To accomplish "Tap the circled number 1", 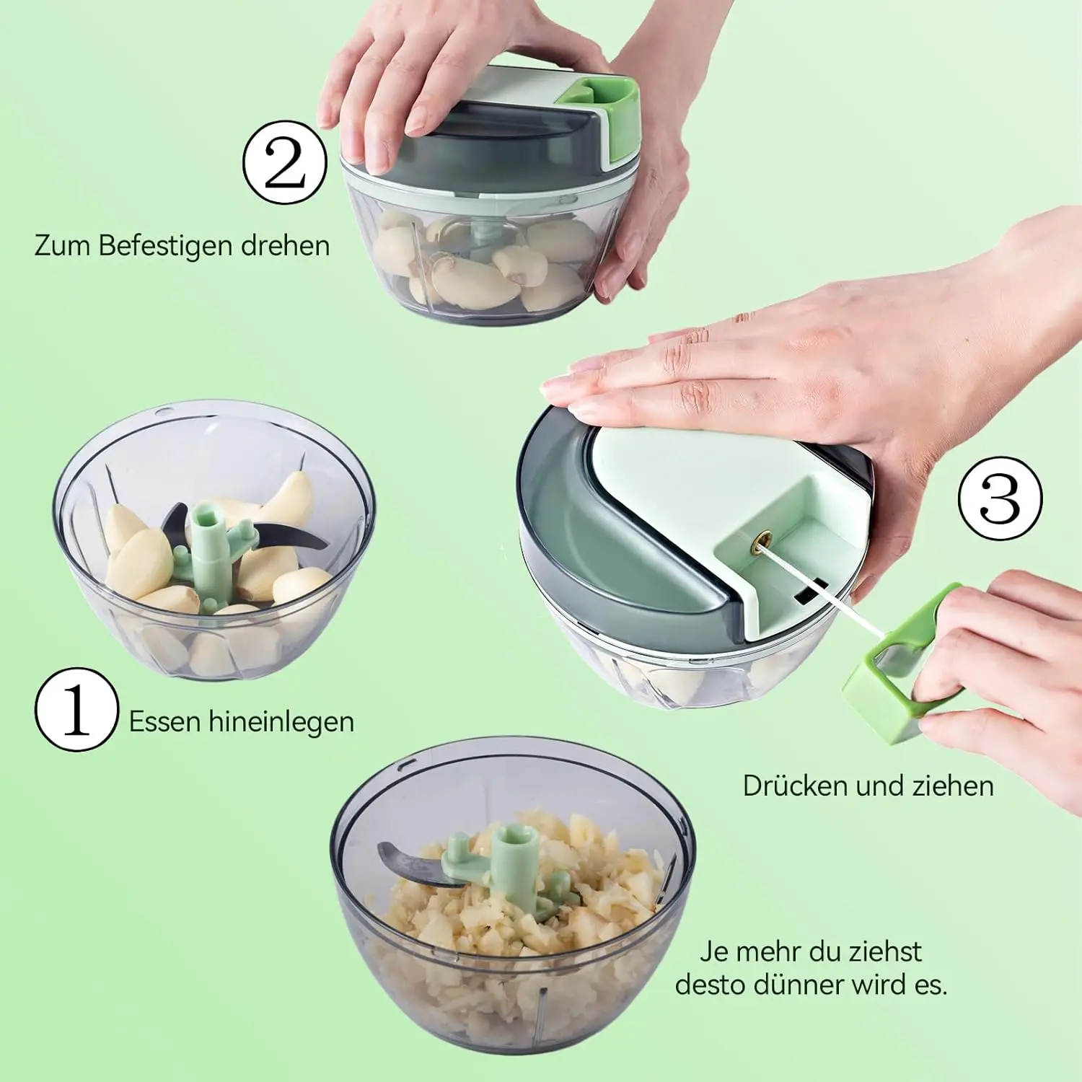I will click(x=76, y=710).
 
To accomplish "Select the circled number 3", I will click(x=1000, y=498).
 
